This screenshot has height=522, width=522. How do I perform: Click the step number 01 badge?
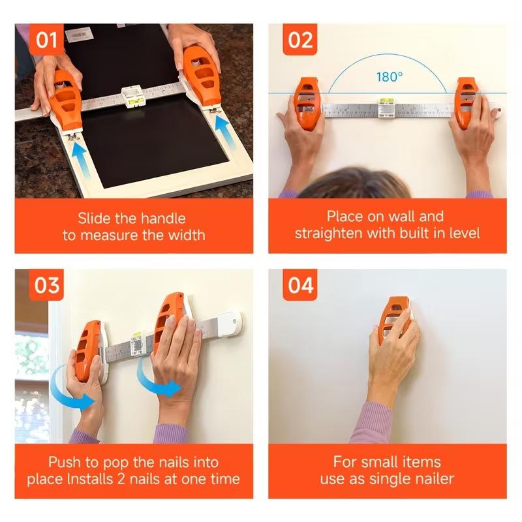[x=46, y=40]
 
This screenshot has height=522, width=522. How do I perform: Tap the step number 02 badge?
[x=300, y=40]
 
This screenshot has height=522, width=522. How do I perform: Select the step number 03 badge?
[x=46, y=285]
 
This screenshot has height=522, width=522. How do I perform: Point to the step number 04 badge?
[x=300, y=285]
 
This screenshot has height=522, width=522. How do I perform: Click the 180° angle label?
[x=389, y=77]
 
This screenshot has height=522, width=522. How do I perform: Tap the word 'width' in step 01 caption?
[x=187, y=236]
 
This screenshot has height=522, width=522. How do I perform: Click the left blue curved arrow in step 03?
[x=71, y=391]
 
